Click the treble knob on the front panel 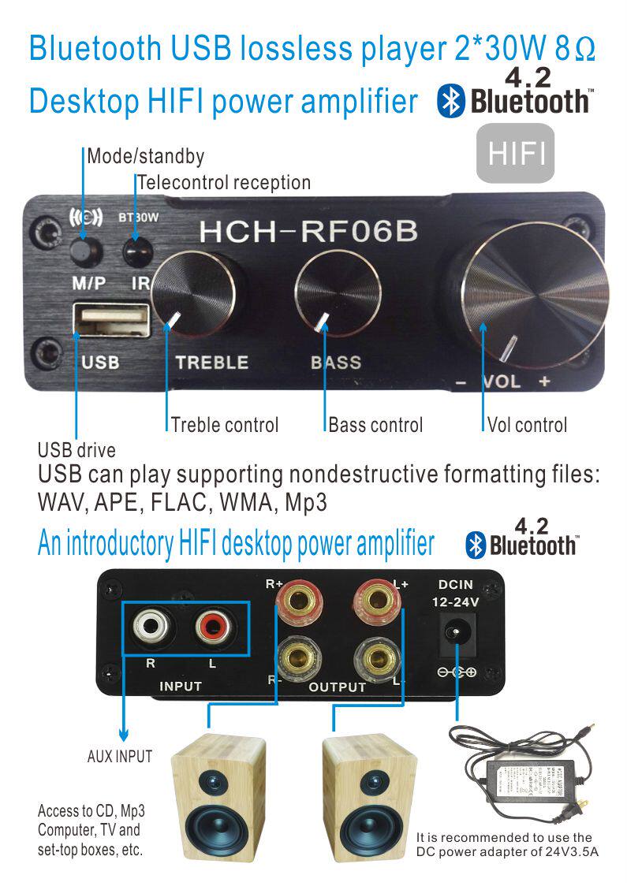coord(195,292)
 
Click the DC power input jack coord(455,634)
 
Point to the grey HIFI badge coord(517,154)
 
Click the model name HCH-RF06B coord(308,231)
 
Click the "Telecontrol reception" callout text coord(224,183)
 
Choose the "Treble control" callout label coord(225,425)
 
